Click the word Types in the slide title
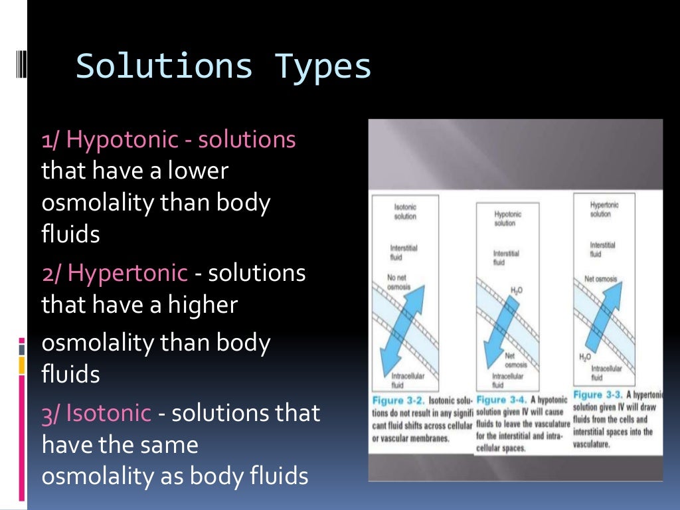pyautogui.click(x=323, y=68)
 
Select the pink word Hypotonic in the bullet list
pyautogui.click(x=122, y=140)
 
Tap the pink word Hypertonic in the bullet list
pyautogui.click(x=128, y=273)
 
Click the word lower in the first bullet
pyautogui.click(x=198, y=171)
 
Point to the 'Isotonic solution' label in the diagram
pyautogui.click(x=404, y=212)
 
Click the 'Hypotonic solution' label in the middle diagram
pyautogui.click(x=507, y=218)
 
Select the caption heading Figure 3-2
pyautogui.click(x=396, y=400)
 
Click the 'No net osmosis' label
pyautogui.click(x=399, y=282)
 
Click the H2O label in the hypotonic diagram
pyautogui.click(x=517, y=290)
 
